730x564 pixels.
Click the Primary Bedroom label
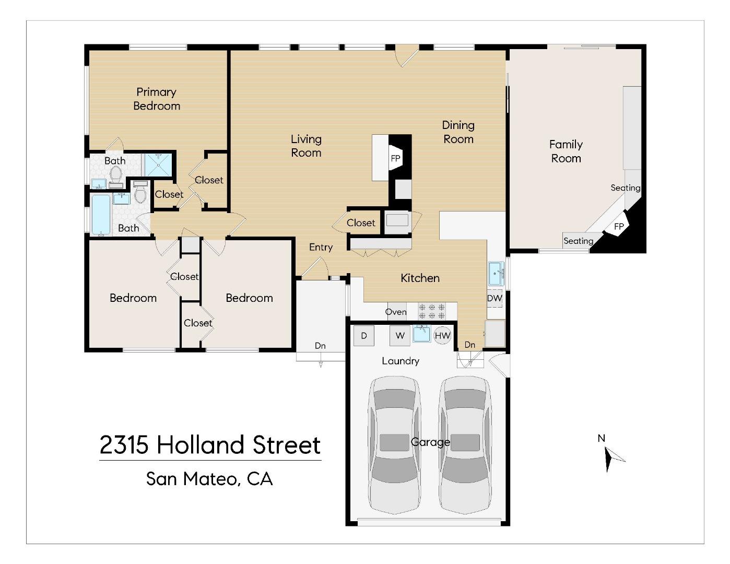156,99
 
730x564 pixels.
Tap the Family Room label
566,151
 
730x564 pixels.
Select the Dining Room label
458,132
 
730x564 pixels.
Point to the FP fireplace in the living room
395,159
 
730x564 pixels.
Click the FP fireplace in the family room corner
618,226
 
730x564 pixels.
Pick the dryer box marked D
364,336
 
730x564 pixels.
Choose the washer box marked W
399,336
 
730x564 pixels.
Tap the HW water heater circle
442,336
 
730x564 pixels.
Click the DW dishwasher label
494,299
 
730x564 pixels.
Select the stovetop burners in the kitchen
432,311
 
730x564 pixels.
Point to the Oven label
396,312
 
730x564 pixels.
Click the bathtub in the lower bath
101,215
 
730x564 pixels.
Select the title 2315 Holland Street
210,445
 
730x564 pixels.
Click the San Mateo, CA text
209,479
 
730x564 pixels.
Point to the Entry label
321,247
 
